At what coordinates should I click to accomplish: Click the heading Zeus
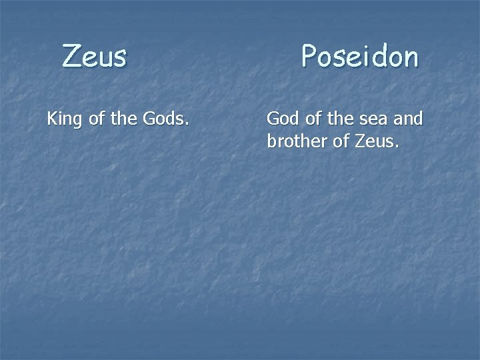click(x=94, y=55)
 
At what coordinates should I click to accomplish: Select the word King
click(x=61, y=121)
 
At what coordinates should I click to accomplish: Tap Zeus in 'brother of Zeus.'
click(x=378, y=141)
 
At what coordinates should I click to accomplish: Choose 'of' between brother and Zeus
click(x=342, y=141)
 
